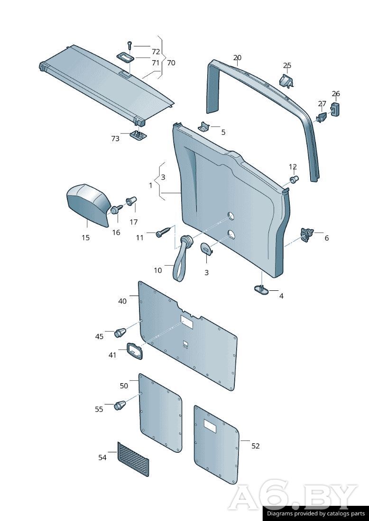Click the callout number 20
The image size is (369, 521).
(237, 58)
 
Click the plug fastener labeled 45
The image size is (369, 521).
(120, 332)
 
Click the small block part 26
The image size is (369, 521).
(336, 109)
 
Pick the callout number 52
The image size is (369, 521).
(256, 446)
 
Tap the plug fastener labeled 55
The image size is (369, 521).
(120, 406)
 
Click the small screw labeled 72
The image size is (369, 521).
(129, 46)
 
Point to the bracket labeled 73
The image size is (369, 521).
(137, 135)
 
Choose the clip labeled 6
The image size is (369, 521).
(307, 234)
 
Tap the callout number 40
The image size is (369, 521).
(122, 301)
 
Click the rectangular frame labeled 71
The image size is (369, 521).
(126, 58)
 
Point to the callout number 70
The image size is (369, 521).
(171, 63)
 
